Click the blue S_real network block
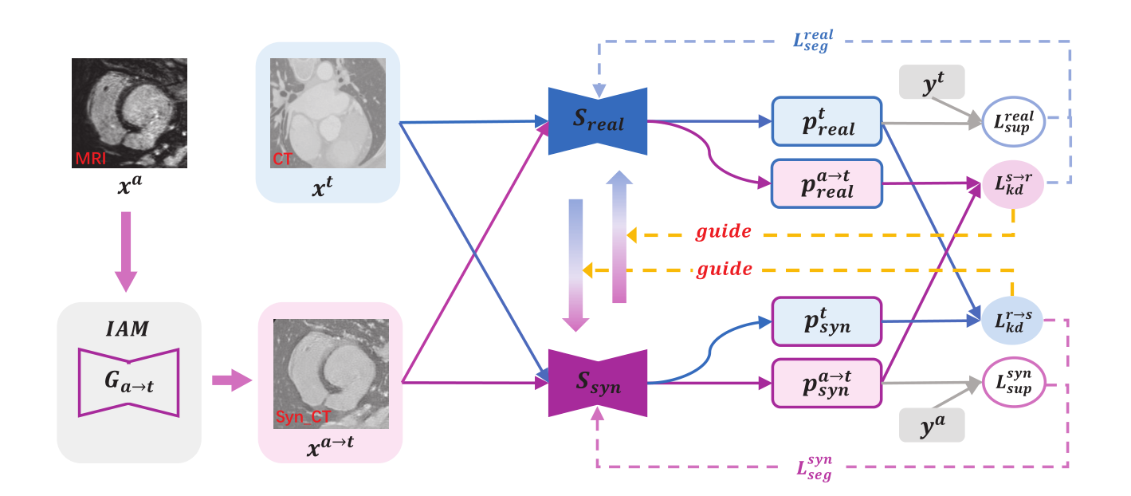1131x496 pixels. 597,122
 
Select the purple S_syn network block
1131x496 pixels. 597,383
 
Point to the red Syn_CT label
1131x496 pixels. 303,418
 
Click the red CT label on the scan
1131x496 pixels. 282,159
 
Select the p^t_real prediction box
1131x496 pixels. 827,122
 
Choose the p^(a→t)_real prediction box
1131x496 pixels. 827,183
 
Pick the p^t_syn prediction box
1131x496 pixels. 827,321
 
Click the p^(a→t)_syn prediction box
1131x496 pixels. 827,383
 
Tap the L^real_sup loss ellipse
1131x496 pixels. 1012,122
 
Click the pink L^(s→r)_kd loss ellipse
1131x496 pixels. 1012,183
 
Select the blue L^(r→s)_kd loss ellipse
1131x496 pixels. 1012,321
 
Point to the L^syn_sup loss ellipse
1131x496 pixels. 1012,383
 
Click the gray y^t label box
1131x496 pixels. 932,81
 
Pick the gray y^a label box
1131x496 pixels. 932,424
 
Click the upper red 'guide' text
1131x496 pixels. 723,231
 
